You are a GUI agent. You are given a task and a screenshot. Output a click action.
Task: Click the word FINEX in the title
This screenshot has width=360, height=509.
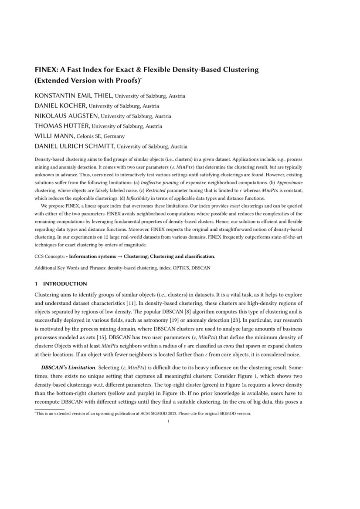coord(45,70)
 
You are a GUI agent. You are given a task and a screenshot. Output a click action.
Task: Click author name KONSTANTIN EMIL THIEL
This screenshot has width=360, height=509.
coord(73,96)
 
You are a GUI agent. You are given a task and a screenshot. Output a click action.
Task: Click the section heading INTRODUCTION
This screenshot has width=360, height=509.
coord(65,284)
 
